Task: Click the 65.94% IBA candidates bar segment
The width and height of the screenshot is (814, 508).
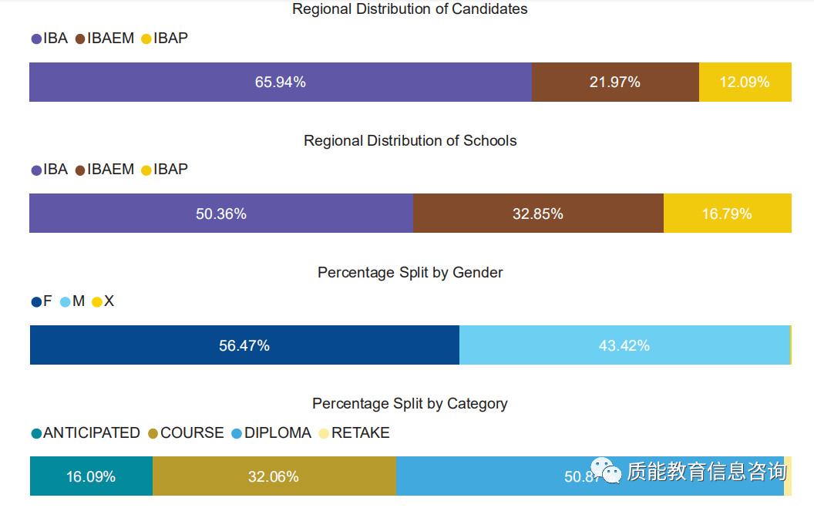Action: pyautogui.click(x=280, y=82)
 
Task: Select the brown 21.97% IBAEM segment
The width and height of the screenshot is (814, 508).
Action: pyautogui.click(x=614, y=82)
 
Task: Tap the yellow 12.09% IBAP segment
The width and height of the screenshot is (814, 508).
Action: pyautogui.click(x=745, y=82)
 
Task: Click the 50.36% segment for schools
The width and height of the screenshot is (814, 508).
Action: pyautogui.click(x=220, y=214)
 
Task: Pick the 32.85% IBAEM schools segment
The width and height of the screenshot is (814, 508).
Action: pyautogui.click(x=537, y=214)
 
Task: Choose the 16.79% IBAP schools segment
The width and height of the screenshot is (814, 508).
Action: pyautogui.click(x=727, y=214)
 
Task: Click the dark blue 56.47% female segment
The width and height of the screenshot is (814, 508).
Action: pyautogui.click(x=244, y=345)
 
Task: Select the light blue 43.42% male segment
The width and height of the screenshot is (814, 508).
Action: pyautogui.click(x=624, y=345)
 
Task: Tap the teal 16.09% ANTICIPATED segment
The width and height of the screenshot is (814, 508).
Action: pyautogui.click(x=91, y=476)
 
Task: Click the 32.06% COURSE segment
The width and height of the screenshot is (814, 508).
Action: pyautogui.click(x=273, y=476)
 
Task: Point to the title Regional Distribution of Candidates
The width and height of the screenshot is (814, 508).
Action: pyautogui.click(x=409, y=9)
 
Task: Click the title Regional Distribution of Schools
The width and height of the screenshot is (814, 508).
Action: pyautogui.click(x=409, y=141)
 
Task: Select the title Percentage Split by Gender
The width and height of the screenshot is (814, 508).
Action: pyautogui.click(x=409, y=272)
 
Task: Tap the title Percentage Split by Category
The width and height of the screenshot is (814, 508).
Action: pyautogui.click(x=409, y=403)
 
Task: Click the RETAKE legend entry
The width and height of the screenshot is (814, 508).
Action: pyautogui.click(x=355, y=433)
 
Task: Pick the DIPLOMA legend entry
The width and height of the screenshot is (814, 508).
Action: pyautogui.click(x=272, y=433)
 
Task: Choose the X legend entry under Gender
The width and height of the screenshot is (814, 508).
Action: pyautogui.click(x=103, y=301)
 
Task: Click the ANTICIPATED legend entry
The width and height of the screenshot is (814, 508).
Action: pyautogui.click(x=86, y=433)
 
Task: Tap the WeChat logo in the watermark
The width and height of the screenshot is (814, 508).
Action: pyautogui.click(x=606, y=470)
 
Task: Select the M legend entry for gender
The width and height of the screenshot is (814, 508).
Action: pyautogui.click(x=72, y=301)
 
